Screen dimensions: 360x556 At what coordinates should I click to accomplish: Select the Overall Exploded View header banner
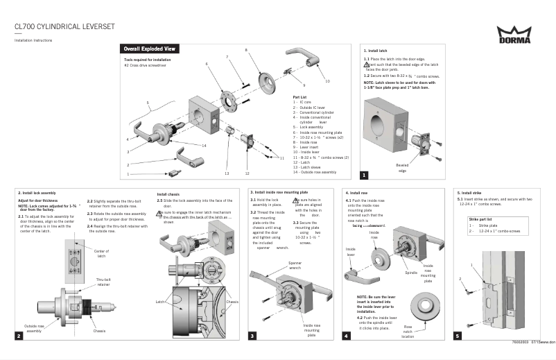[x=150, y=50]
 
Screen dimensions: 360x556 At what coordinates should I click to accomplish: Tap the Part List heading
[x=299, y=97]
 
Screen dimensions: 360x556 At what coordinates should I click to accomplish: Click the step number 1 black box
[x=364, y=175]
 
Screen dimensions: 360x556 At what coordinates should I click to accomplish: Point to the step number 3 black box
[x=253, y=336]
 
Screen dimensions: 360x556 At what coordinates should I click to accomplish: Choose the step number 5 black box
[x=457, y=336]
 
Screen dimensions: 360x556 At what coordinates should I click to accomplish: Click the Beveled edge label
[x=401, y=169]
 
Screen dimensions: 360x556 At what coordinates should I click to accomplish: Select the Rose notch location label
[x=408, y=331]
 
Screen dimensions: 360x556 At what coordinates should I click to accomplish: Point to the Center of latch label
[x=101, y=252]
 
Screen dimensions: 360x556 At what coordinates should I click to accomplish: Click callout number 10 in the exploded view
[x=327, y=81]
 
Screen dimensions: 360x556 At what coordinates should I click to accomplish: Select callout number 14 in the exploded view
[x=205, y=146]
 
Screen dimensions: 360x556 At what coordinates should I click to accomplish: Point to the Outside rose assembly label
[x=38, y=328]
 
